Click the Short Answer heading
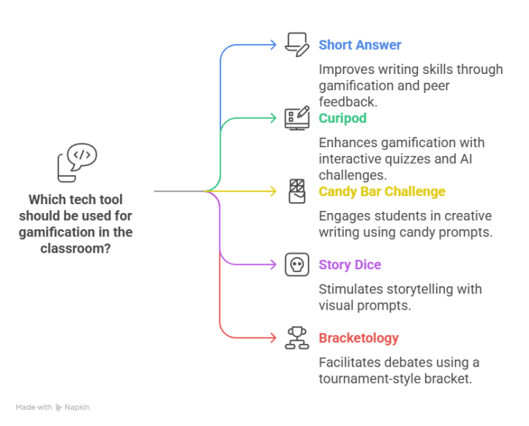(359, 45)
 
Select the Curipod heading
(342, 118)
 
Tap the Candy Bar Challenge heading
(382, 192)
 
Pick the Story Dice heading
(350, 264)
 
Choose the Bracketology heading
(359, 337)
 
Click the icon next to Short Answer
(296, 44)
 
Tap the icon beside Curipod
(296, 117)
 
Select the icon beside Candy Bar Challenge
(296, 191)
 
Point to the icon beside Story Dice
(296, 264)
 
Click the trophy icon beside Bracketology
(296, 337)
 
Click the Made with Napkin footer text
(53, 407)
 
